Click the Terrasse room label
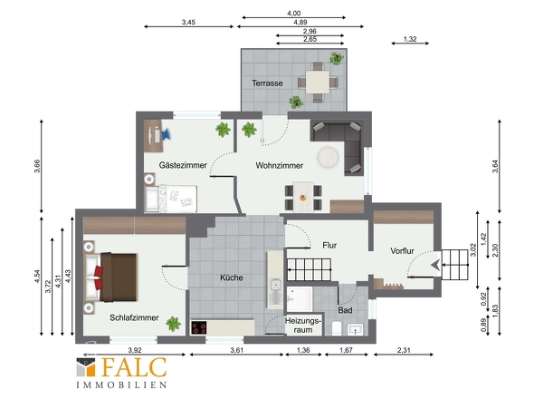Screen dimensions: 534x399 coord(267,83)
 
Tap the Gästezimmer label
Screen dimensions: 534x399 coord(183,165)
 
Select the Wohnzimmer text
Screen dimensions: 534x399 coord(280,166)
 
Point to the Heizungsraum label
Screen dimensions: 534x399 coord(303,326)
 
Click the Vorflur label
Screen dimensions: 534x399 coord(402,251)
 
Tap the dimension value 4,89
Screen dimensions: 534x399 coord(300,22)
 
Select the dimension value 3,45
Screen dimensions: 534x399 coord(188,22)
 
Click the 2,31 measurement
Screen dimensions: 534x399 coord(404,350)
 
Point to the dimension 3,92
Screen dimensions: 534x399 coord(135,350)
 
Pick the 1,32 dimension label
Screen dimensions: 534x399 coord(410,39)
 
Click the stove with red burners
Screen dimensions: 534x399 coord(198,327)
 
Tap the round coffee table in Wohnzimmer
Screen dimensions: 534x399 coord(328,158)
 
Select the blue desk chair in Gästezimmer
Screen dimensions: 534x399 coord(167,134)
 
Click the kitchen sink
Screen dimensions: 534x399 coord(275,285)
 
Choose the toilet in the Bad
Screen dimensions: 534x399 coord(337,328)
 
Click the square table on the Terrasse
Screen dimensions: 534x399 coord(318,82)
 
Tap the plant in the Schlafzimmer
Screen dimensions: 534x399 coord(174,324)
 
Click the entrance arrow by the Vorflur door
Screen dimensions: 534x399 coord(435,265)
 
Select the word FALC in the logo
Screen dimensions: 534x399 coord(134,367)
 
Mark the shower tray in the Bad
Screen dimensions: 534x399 coord(300,298)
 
